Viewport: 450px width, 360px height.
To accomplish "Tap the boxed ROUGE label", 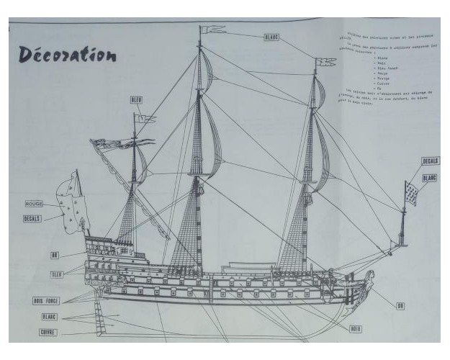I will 34,204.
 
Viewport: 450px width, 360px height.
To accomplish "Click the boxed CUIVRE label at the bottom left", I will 48,332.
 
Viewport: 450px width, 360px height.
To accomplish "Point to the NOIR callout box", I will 356,329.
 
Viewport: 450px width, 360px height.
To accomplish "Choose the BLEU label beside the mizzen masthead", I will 137,99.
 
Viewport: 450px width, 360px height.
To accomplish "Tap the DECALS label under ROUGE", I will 32,217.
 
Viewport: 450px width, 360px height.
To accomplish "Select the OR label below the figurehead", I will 400,305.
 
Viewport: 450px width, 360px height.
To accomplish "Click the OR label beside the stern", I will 55,255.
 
